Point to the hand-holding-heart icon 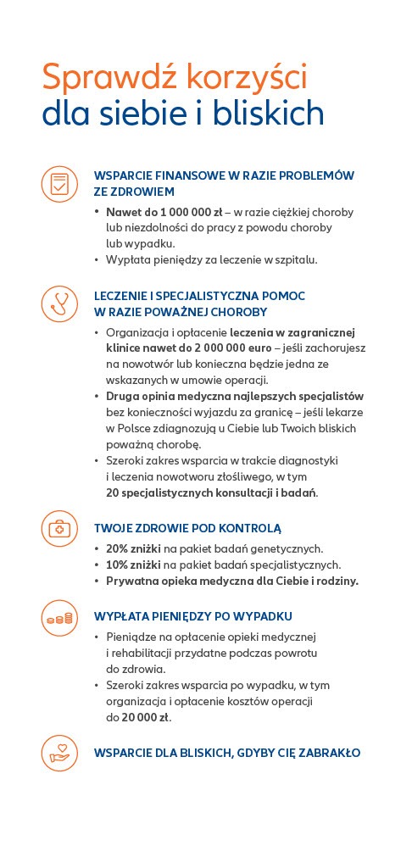(58, 753)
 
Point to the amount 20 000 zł (145, 717)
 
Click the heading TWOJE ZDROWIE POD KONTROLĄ (187, 528)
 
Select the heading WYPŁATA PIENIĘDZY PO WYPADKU (193, 616)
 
